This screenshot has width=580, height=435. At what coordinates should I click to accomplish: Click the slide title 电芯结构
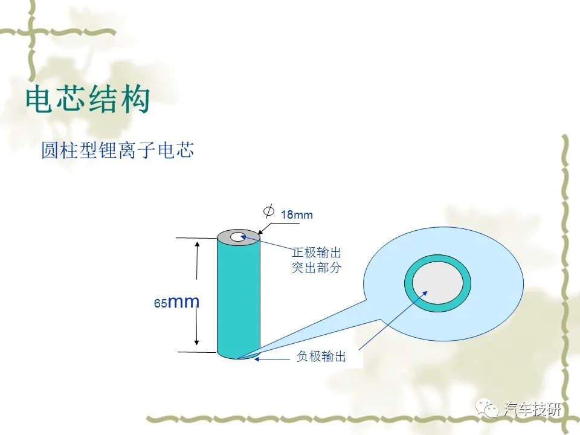[x=88, y=99]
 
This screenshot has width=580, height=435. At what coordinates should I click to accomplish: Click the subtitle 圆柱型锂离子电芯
[x=118, y=150]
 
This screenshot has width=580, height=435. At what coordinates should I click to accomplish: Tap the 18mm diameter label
[x=297, y=214]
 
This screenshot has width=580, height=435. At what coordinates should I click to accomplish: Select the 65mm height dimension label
[x=176, y=302]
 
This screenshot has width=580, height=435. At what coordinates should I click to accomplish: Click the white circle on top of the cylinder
[x=238, y=236]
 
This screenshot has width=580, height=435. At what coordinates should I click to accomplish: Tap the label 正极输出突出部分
[x=316, y=260]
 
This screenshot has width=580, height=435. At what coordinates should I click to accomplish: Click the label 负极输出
[x=321, y=356]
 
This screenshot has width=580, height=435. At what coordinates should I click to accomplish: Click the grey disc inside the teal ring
[x=437, y=283]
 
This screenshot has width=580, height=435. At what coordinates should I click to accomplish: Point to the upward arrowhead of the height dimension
[x=197, y=245]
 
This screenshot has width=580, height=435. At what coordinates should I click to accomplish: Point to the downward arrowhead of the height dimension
[x=197, y=341]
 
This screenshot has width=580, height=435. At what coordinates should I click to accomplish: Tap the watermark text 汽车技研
[x=532, y=409]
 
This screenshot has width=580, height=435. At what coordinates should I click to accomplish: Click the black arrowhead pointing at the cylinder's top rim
[x=260, y=231]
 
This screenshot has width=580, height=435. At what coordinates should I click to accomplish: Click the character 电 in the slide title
[x=39, y=99]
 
